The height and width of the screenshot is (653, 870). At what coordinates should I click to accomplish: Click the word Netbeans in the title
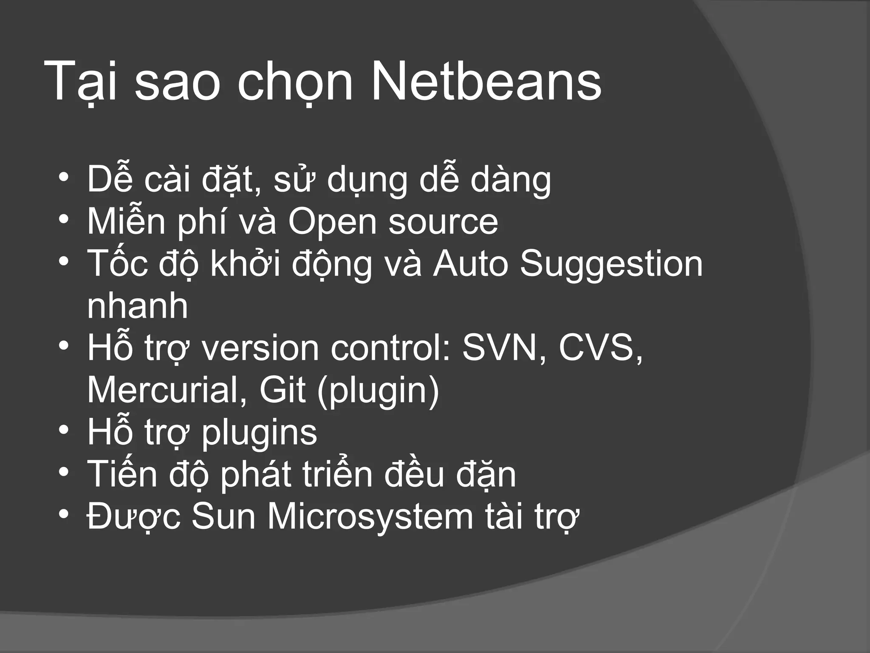tap(486, 81)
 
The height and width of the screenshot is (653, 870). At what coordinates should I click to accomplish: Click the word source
tap(443, 222)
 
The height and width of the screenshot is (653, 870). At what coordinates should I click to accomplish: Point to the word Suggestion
tap(611, 264)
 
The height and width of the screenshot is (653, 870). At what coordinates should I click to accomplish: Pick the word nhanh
tap(137, 306)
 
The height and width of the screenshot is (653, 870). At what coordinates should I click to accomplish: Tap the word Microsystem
tap(370, 517)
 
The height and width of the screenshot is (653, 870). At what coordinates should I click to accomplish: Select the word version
tap(260, 348)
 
